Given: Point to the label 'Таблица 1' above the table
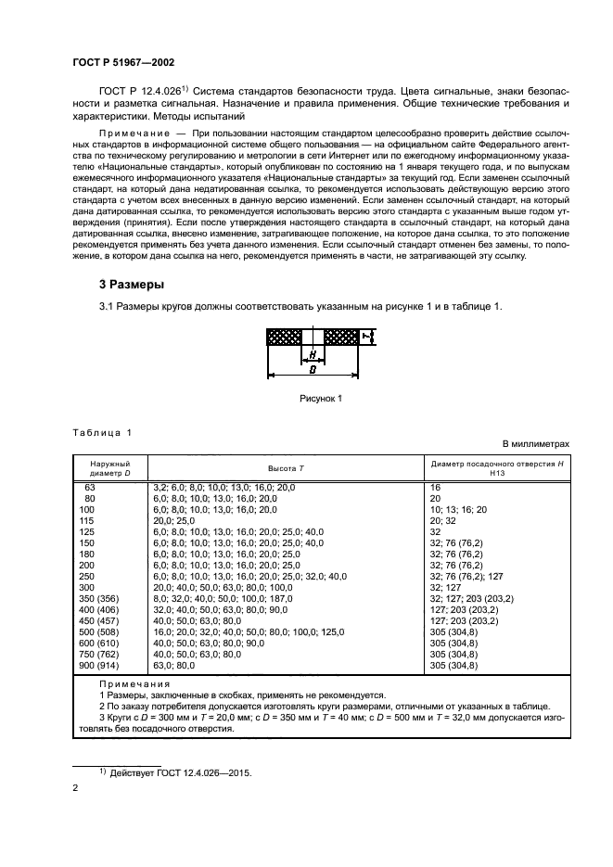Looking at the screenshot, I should point(103,433).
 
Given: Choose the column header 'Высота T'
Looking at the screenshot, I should point(285,467).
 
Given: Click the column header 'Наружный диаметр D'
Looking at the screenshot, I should point(109,467).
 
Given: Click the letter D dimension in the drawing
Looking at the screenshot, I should point(313,369).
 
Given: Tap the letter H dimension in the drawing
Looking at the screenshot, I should point(313,354).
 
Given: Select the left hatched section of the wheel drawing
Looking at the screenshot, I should point(286,337).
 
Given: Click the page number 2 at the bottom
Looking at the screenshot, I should point(76,788).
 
